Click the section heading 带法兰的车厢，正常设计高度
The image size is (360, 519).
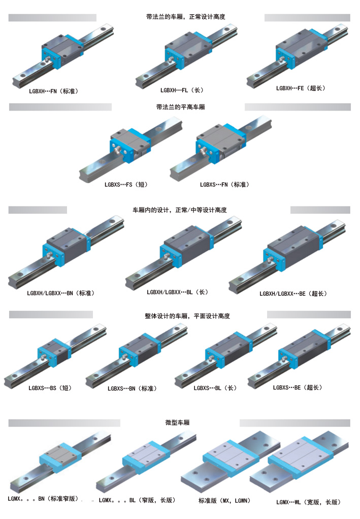click(x=185, y=17)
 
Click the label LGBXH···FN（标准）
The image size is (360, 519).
click(x=54, y=92)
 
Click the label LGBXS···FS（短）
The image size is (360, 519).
click(x=126, y=185)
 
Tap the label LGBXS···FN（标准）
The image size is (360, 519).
click(x=224, y=185)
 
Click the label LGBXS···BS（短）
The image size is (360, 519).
click(x=50, y=388)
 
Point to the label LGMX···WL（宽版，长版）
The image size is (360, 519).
click(x=308, y=502)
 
